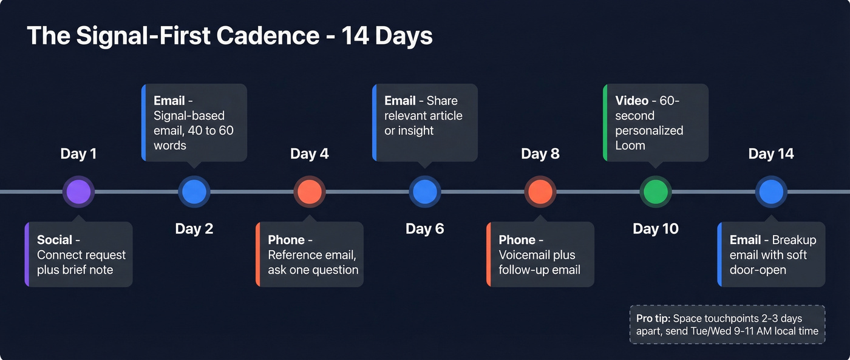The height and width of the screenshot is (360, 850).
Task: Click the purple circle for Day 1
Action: (x=79, y=192)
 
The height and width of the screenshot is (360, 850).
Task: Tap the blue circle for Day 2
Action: (x=194, y=192)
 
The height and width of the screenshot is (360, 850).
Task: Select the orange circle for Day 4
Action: (x=310, y=192)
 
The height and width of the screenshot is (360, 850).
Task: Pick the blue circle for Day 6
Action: (x=425, y=192)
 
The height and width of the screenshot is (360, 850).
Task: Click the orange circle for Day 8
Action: (x=540, y=192)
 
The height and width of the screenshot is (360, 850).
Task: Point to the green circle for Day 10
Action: (x=656, y=192)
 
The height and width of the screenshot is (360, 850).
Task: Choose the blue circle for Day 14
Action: (x=771, y=192)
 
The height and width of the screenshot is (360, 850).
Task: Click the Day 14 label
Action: (x=771, y=154)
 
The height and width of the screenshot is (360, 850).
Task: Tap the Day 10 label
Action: (x=656, y=229)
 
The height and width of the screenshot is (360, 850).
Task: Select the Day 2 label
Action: (x=194, y=229)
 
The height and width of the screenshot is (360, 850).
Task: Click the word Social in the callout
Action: (x=55, y=240)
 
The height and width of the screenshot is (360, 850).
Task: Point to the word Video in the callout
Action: (x=631, y=101)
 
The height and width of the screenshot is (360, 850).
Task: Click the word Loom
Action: (x=630, y=146)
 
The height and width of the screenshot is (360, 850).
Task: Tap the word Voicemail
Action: (x=528, y=255)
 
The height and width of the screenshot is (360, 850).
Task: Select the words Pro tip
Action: (x=653, y=319)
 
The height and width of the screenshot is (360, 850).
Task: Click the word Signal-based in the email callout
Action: (x=189, y=115)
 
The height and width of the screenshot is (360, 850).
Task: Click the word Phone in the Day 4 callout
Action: (x=286, y=240)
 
